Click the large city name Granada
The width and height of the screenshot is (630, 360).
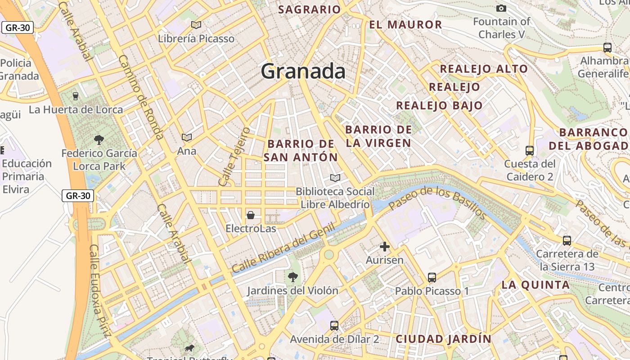click(x=303, y=71)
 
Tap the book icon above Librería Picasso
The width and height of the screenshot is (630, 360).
click(x=196, y=25)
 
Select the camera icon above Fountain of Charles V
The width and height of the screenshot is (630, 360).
click(x=501, y=8)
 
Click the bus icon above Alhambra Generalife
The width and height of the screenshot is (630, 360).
click(x=607, y=47)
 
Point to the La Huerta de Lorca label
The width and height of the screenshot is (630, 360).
click(x=76, y=109)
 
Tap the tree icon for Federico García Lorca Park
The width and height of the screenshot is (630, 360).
click(x=99, y=140)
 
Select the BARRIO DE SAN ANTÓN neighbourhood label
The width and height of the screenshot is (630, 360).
click(x=301, y=150)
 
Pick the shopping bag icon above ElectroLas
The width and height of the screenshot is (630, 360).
click(x=251, y=215)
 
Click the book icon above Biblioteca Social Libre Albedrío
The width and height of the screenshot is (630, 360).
click(x=335, y=178)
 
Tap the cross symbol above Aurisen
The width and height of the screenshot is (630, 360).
click(x=385, y=246)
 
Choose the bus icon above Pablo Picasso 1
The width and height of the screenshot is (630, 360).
click(x=432, y=277)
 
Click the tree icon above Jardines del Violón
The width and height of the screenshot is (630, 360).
click(x=292, y=276)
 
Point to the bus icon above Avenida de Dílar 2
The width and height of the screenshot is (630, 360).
click(x=334, y=325)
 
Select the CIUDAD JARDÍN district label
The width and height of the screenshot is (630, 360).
click(x=443, y=339)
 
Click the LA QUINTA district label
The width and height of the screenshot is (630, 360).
click(x=535, y=284)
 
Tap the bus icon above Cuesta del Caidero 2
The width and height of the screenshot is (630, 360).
click(x=530, y=150)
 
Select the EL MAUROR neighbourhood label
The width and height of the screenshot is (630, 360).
click(x=405, y=24)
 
